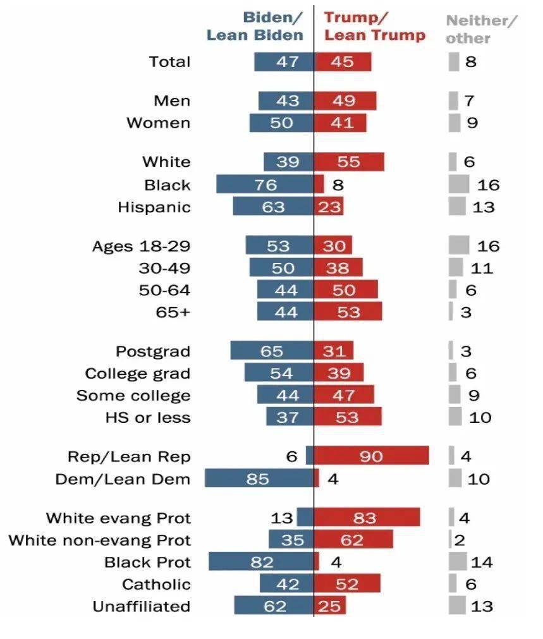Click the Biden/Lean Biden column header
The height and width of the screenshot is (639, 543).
pyautogui.click(x=255, y=27)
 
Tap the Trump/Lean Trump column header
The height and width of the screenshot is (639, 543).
pyautogui.click(x=374, y=27)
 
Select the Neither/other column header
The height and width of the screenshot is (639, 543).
pyautogui.click(x=480, y=29)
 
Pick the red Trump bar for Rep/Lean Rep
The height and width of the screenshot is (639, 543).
pyautogui.click(x=372, y=456)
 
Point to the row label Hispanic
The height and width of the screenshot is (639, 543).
pyautogui.click(x=154, y=207)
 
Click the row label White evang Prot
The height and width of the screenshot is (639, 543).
pyautogui.click(x=118, y=518)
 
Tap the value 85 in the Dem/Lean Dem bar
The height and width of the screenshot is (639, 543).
pyautogui.click(x=258, y=478)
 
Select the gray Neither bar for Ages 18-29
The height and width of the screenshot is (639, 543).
pyautogui.click(x=459, y=245)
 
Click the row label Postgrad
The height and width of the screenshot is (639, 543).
pyautogui.click(x=152, y=351)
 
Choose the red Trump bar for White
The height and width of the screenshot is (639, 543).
pyautogui.click(x=349, y=162)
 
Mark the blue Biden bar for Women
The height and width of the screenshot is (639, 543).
pyautogui.click(x=281, y=123)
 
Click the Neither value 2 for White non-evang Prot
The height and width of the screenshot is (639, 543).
pyautogui.click(x=460, y=540)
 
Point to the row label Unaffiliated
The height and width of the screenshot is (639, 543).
pyautogui.click(x=141, y=606)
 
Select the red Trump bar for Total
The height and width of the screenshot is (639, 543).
pyautogui.click(x=343, y=62)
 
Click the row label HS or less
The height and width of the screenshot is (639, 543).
pyautogui.click(x=147, y=417)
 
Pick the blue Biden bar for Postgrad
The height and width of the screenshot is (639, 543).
pyautogui.click(x=272, y=351)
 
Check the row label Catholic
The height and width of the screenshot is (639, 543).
pyautogui.click(x=156, y=583)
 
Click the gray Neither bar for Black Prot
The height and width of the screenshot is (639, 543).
pyautogui.click(x=458, y=561)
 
